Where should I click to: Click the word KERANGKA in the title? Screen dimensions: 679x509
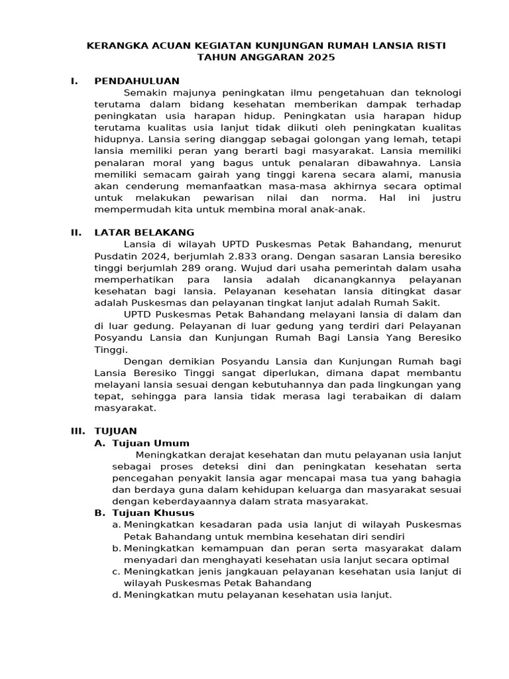[x=113, y=46]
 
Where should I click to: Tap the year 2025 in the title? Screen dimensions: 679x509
[x=321, y=58]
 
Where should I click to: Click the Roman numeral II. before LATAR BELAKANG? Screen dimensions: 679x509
[x=76, y=232]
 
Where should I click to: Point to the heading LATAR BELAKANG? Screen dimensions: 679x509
[x=144, y=232]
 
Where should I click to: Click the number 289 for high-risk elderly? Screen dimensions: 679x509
[x=202, y=268]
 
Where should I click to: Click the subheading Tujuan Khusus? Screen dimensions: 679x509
[x=153, y=513]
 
